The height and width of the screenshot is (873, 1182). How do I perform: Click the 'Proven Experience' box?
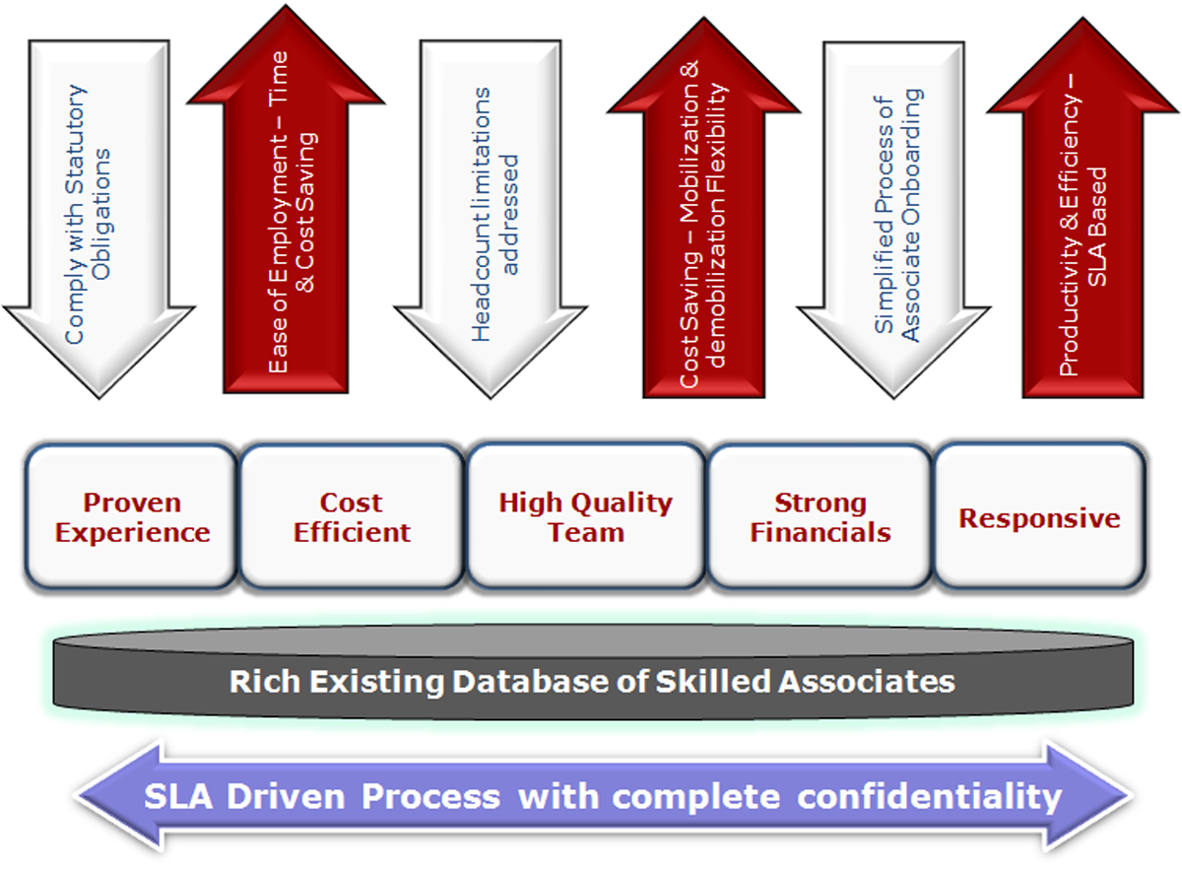131,516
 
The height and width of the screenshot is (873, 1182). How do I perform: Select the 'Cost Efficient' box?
352,516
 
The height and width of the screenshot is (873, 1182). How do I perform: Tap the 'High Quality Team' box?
586,516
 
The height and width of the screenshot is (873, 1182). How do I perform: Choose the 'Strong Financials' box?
821,516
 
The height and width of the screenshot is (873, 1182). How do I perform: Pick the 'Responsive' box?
1040,516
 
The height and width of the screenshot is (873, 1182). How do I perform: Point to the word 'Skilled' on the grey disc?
713,681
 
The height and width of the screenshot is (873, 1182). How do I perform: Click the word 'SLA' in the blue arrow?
178,796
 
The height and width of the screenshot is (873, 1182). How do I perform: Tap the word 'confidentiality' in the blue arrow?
930,798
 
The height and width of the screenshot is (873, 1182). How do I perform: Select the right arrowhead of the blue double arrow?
1088,796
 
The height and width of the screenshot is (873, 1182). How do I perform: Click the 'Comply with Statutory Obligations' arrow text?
88,214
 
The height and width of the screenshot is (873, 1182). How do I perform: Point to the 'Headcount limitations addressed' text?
494,214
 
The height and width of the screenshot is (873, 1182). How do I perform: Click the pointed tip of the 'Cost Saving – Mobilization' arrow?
703,18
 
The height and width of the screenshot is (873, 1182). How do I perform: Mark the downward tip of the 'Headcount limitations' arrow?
491,398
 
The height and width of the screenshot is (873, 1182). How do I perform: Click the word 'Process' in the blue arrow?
430,796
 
